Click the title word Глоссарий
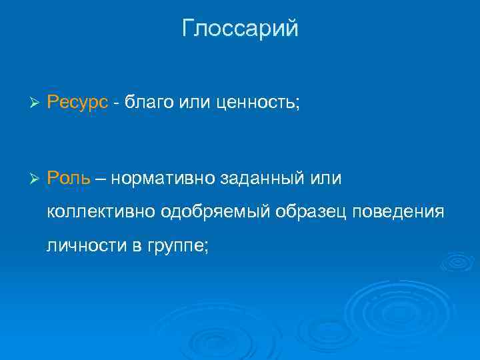click(x=240, y=29)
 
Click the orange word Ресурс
click(x=77, y=104)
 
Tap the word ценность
click(x=254, y=104)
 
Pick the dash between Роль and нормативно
click(x=103, y=178)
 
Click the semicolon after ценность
click(x=299, y=105)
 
